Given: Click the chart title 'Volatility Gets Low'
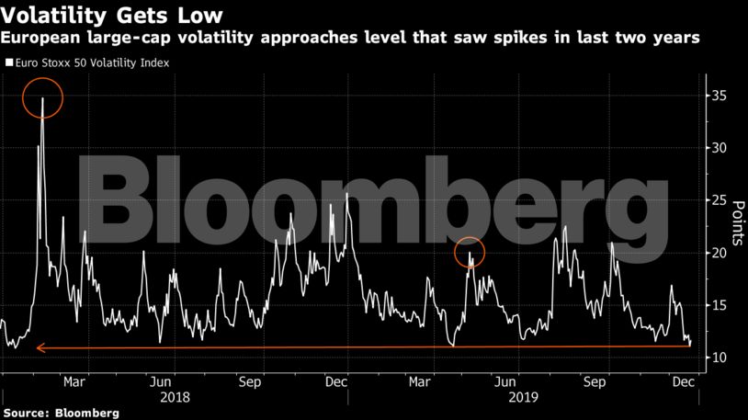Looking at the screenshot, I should click(x=112, y=16).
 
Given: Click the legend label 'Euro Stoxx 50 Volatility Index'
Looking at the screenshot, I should click(x=89, y=63).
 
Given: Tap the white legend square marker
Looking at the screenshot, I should click(x=8, y=63).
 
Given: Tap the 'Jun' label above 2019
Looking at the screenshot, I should click(x=504, y=380).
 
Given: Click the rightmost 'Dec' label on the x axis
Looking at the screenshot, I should click(x=681, y=380).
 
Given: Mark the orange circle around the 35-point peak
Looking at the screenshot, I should click(x=43, y=96).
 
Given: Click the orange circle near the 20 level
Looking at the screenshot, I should click(x=470, y=252).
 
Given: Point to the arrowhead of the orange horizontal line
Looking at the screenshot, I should click(x=39, y=346).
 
